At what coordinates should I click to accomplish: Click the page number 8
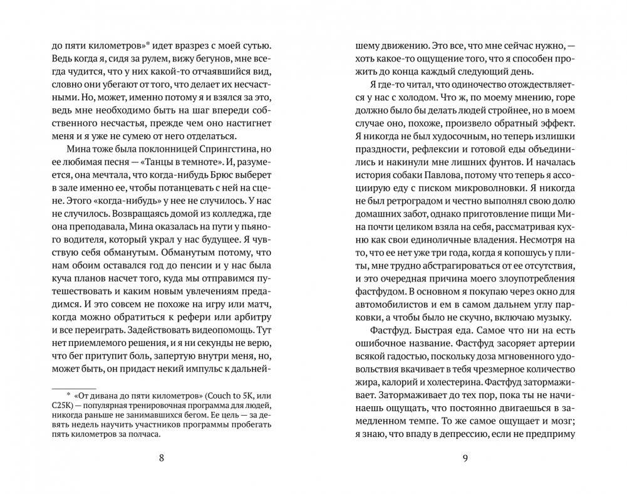click(x=162, y=457)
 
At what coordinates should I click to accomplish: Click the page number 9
click(x=465, y=457)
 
